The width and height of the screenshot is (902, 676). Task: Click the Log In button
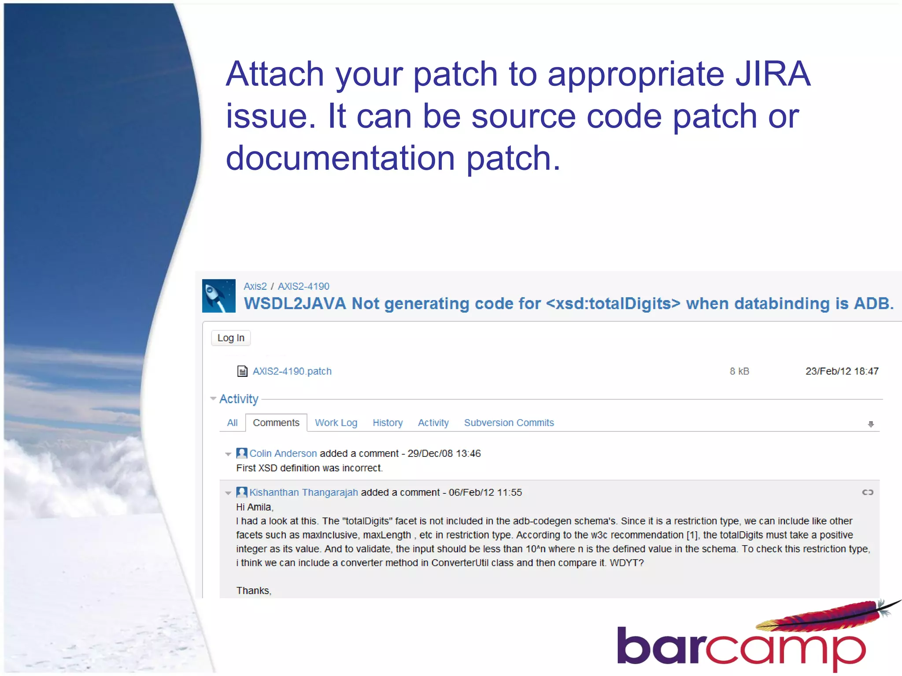pyautogui.click(x=231, y=338)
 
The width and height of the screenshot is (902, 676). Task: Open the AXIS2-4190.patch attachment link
pyautogui.click(x=292, y=371)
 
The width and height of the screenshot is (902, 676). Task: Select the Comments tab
pyautogui.click(x=276, y=423)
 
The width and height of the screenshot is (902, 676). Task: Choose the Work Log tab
pyautogui.click(x=336, y=423)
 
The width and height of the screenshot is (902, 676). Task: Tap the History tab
pyautogui.click(x=388, y=423)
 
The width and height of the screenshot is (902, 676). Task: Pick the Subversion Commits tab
pyautogui.click(x=509, y=423)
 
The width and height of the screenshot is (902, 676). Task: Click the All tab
pyautogui.click(x=232, y=423)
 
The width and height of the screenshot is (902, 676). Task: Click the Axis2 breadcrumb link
pyautogui.click(x=255, y=287)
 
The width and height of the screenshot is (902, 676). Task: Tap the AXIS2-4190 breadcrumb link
pyautogui.click(x=303, y=287)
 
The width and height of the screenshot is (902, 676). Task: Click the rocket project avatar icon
pyautogui.click(x=219, y=296)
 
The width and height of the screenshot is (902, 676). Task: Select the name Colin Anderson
pyautogui.click(x=283, y=454)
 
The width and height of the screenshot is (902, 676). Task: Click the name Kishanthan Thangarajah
pyautogui.click(x=303, y=492)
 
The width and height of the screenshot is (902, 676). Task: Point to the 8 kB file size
pyautogui.click(x=739, y=371)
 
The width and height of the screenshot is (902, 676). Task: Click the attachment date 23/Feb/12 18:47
pyautogui.click(x=842, y=371)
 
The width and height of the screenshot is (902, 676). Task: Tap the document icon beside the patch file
pyautogui.click(x=242, y=371)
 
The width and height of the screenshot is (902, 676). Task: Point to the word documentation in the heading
pyautogui.click(x=340, y=158)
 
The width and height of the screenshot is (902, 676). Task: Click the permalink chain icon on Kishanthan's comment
pyautogui.click(x=867, y=492)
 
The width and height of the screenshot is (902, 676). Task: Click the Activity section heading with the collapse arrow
pyautogui.click(x=238, y=399)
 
